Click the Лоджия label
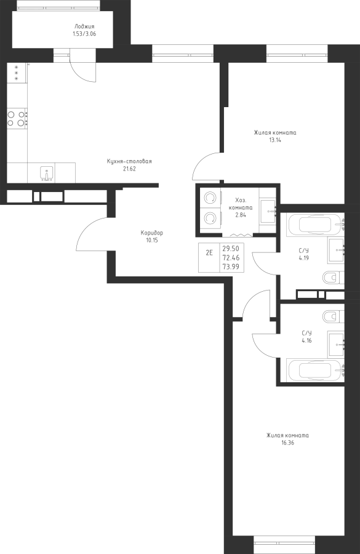pos(84,26)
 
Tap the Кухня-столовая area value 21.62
pos(129,169)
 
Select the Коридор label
pos(152,233)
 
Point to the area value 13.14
pos(275,140)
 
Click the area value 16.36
pos(287,443)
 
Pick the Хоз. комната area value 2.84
pos(241,215)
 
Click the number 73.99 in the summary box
pos(231,267)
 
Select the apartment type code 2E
pos(209,252)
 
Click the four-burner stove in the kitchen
pos(17,118)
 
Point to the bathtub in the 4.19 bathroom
pos(316,224)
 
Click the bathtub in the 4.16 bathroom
pos(316,371)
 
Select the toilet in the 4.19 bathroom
pos(334,278)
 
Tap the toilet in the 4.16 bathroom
pos(334,316)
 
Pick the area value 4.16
pos(306,341)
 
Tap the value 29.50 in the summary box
pos(231,249)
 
